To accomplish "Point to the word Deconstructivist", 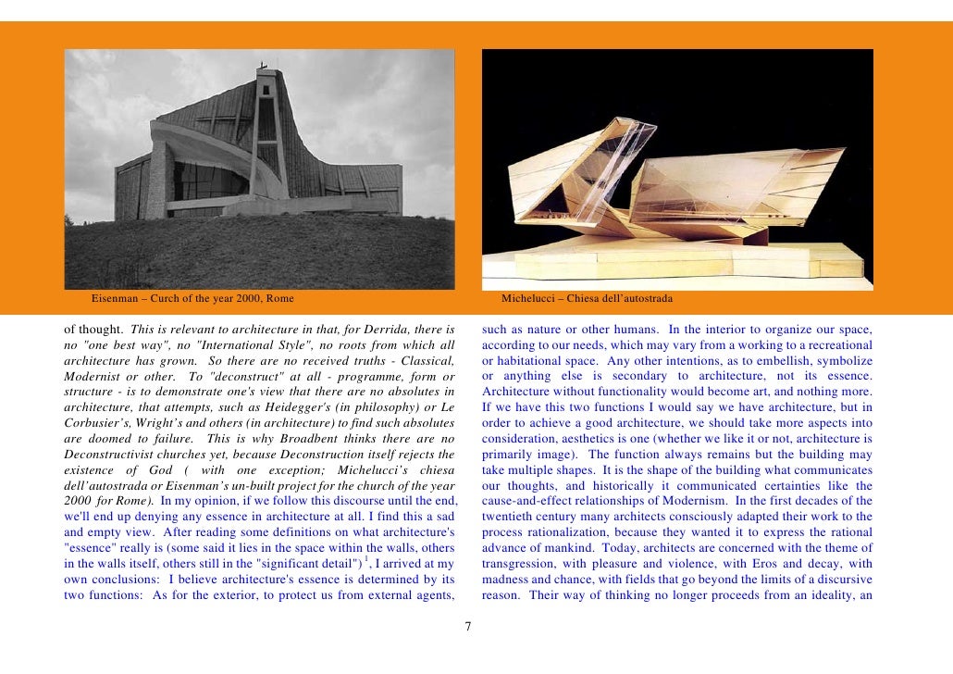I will [x=109, y=455].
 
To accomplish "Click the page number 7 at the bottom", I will [x=467, y=628].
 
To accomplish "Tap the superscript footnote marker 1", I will [x=366, y=558].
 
